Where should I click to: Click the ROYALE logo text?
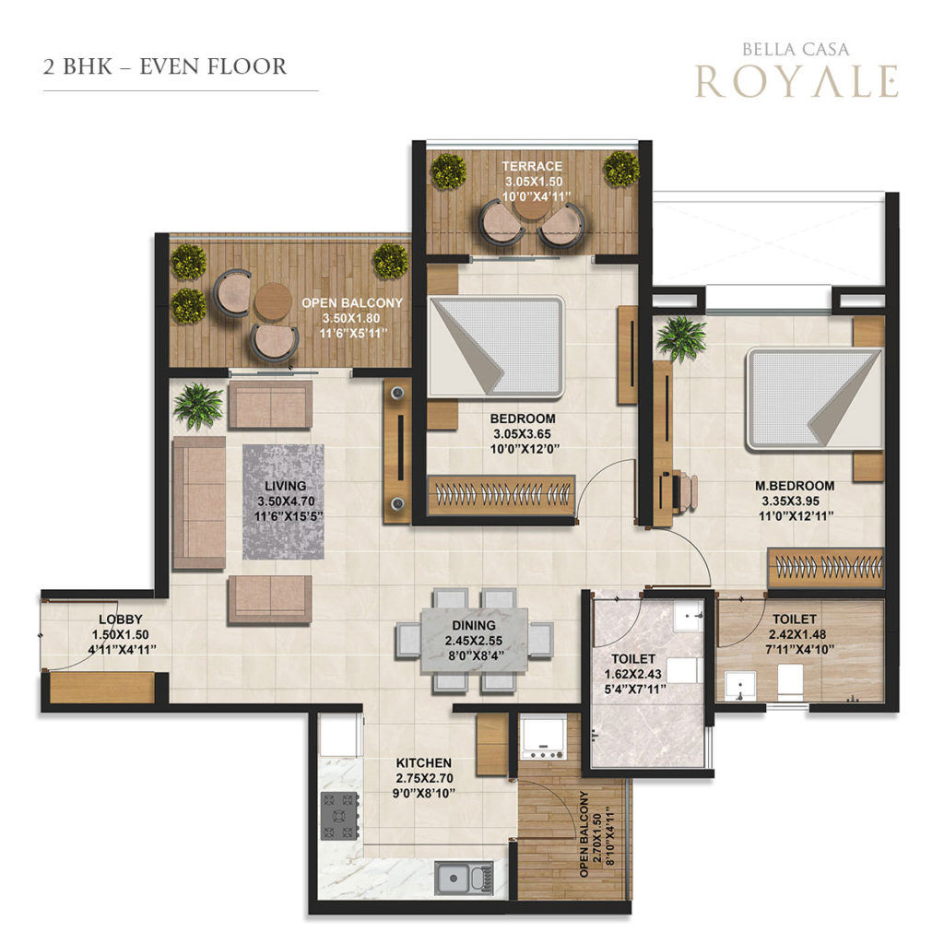(797, 81)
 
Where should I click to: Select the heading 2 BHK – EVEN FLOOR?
(165, 66)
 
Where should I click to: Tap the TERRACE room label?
(532, 166)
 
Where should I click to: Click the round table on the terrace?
(532, 206)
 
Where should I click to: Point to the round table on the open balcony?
(273, 301)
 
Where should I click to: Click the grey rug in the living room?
(283, 502)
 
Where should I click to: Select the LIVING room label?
(286, 486)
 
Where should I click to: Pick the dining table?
(475, 640)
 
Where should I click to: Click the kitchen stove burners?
(340, 816)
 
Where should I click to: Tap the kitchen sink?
(465, 879)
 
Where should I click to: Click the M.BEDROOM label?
(795, 486)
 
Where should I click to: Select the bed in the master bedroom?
(814, 400)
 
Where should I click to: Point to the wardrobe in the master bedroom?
(825, 567)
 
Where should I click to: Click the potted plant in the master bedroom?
(681, 339)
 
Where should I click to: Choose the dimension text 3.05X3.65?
(522, 434)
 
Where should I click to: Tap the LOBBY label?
(121, 619)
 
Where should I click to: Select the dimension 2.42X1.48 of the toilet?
(797, 634)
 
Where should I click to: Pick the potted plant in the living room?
(198, 407)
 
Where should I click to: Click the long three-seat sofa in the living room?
(199, 502)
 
